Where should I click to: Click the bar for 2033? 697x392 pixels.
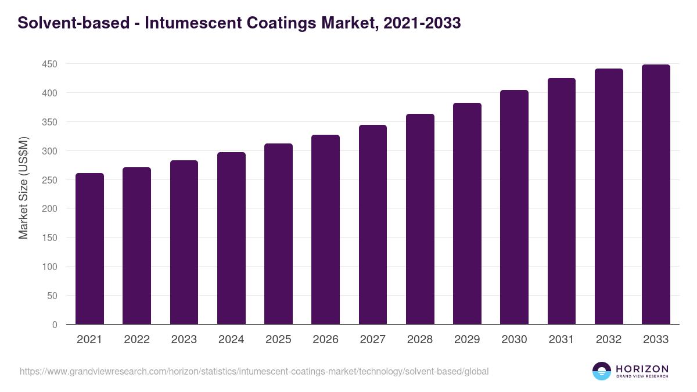pyautogui.click(x=656, y=195)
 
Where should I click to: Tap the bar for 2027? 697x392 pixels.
pyautogui.click(x=373, y=225)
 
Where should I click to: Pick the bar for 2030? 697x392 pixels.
pyautogui.click(x=514, y=207)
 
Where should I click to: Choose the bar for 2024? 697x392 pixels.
pyautogui.click(x=231, y=238)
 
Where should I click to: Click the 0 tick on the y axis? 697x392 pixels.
pyautogui.click(x=55, y=325)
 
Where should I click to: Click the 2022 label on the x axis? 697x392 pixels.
pyautogui.click(x=136, y=340)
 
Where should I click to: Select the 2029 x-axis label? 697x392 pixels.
pyautogui.click(x=467, y=340)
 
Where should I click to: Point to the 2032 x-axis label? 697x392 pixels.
pyautogui.click(x=609, y=340)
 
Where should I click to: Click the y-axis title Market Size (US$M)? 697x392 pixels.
pyautogui.click(x=23, y=187)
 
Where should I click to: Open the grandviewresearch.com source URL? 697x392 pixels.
pyautogui.click(x=254, y=371)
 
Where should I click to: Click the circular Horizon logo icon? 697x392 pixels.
pyautogui.click(x=602, y=371)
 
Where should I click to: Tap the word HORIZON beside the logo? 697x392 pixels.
pyautogui.click(x=642, y=369)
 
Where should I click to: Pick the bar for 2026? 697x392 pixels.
pyautogui.click(x=325, y=229)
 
